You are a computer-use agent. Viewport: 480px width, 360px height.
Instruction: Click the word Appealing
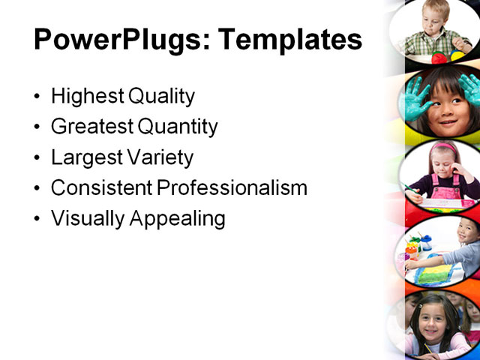(177, 219)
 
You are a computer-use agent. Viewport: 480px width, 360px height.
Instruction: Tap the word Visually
(87, 219)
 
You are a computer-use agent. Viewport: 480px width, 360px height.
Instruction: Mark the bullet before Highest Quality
(38, 97)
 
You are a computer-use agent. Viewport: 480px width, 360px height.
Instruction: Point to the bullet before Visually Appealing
(38, 220)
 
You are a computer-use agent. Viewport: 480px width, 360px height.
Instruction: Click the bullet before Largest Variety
(38, 158)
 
